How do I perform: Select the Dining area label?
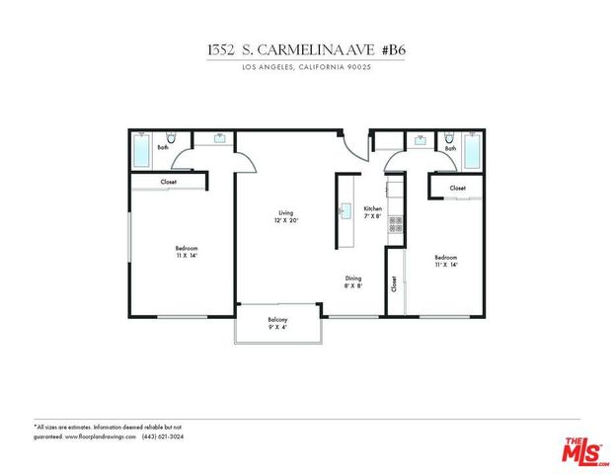pos(353,281)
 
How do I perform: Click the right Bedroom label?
pos(445,260)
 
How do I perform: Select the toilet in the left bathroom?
pos(171,140)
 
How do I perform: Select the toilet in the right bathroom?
pos(450,140)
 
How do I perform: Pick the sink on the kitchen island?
pos(345,209)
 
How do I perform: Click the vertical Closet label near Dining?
pos(394,285)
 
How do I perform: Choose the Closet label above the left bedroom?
pos(170,182)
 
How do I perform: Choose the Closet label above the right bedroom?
pos(457,188)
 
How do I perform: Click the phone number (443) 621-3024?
pos(162,434)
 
